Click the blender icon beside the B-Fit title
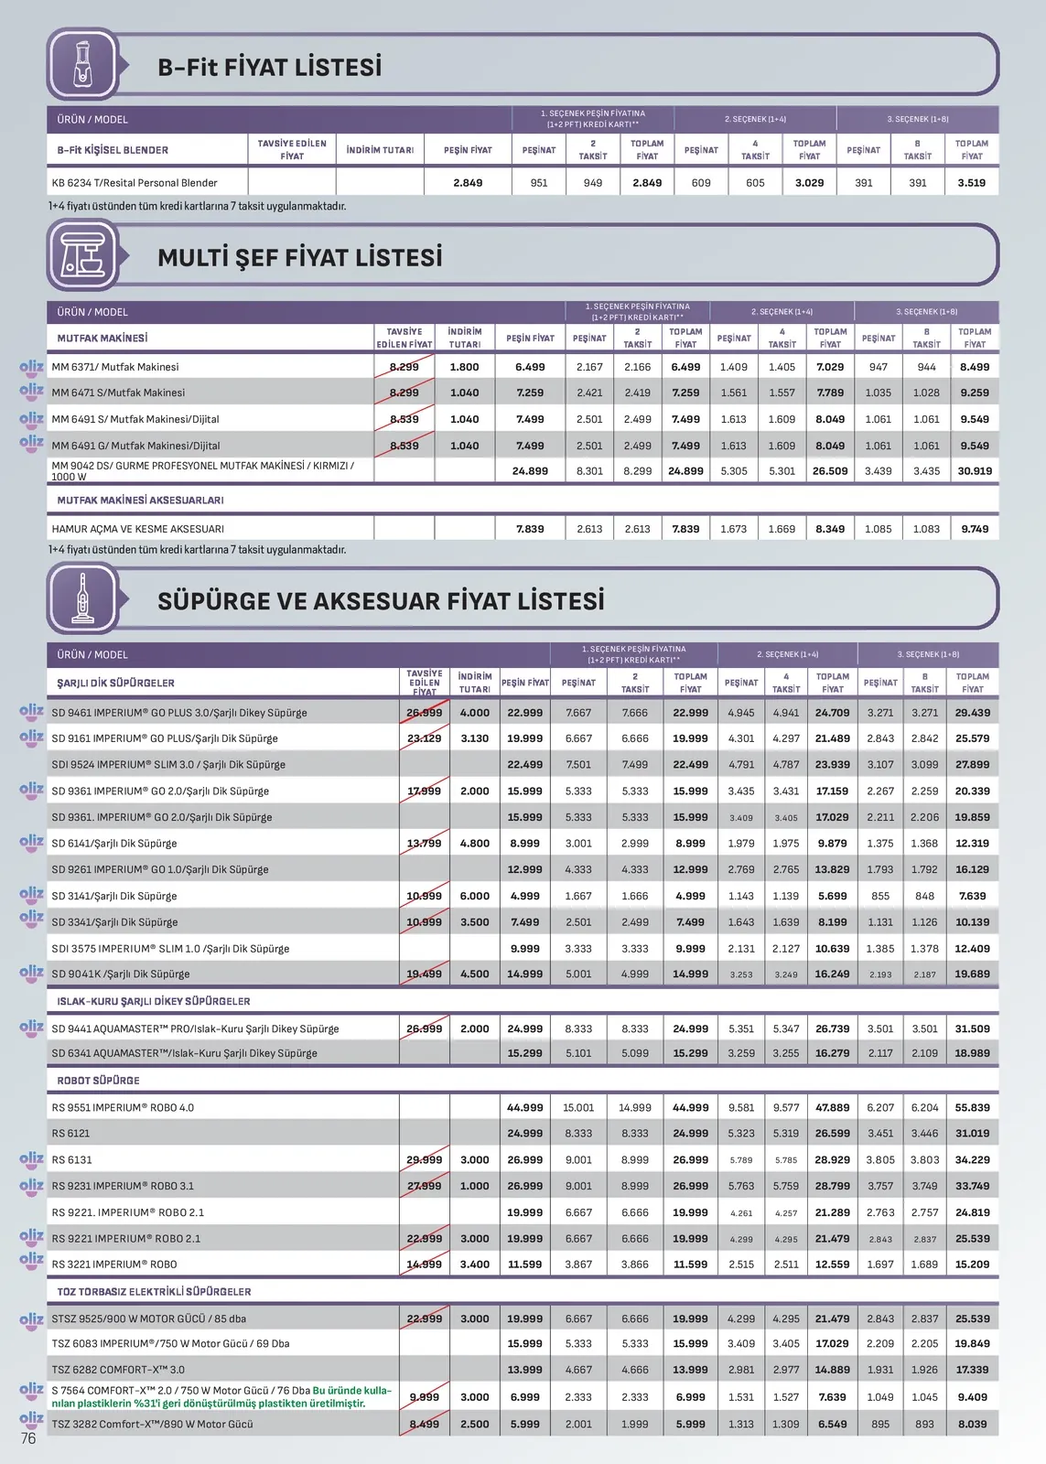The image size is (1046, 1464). pyautogui.click(x=83, y=64)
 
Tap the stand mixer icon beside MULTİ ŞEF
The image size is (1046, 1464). pyautogui.click(x=83, y=256)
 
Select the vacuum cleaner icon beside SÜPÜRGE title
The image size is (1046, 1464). pyautogui.click(x=83, y=599)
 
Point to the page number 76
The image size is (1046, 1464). pyautogui.click(x=28, y=1438)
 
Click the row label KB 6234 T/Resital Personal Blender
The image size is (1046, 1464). pyautogui.click(x=135, y=183)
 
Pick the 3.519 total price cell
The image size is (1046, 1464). pyautogui.click(x=971, y=183)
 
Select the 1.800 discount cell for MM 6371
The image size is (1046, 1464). pyautogui.click(x=464, y=367)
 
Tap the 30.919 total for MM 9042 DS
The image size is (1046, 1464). pyautogui.click(x=975, y=471)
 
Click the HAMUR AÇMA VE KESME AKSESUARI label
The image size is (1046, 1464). pyautogui.click(x=137, y=529)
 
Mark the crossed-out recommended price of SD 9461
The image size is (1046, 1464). pyautogui.click(x=424, y=713)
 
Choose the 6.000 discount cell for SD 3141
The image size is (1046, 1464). pyautogui.click(x=474, y=896)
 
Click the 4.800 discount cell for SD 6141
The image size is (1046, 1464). pyautogui.click(x=474, y=844)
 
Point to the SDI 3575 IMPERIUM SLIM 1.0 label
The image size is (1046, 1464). pyautogui.click(x=170, y=949)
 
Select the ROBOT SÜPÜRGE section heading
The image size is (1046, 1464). pyautogui.click(x=98, y=1081)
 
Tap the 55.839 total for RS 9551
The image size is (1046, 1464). pyautogui.click(x=972, y=1107)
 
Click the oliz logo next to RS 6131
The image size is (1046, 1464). pyautogui.click(x=31, y=1158)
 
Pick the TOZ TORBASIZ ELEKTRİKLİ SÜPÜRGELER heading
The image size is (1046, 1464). pyautogui.click(x=154, y=1292)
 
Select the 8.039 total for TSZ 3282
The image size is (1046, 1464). pyautogui.click(x=972, y=1424)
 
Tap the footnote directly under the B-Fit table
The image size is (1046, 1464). pyautogui.click(x=197, y=207)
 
